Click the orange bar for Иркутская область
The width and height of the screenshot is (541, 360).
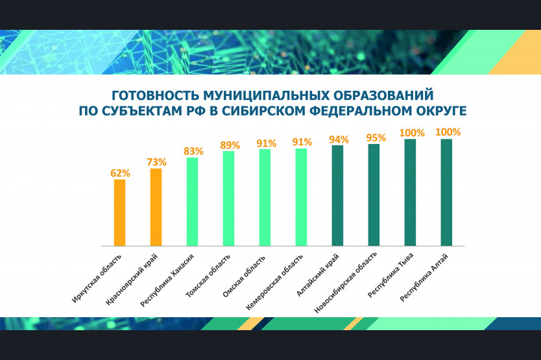120,213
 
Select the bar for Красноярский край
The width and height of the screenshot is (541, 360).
156,207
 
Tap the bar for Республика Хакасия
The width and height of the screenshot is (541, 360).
192,202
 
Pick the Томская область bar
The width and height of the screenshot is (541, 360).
228,198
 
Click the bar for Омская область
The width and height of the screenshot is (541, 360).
265,197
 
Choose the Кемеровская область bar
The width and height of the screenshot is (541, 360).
301,197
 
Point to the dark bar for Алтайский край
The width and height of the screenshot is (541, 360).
337,196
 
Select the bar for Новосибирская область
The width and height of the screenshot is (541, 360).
374,195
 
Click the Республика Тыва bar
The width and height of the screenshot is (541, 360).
410,193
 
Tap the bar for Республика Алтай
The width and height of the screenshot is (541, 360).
446,193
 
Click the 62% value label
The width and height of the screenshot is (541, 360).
120,173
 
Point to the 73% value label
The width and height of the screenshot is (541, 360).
156,162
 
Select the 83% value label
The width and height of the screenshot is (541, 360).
193,151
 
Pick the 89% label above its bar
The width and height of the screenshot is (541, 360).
230,145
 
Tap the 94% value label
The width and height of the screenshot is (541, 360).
339,139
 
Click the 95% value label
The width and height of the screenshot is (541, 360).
376,138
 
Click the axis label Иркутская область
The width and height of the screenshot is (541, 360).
97,279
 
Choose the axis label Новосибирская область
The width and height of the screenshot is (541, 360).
345,283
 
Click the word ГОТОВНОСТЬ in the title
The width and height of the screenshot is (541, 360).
155,95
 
